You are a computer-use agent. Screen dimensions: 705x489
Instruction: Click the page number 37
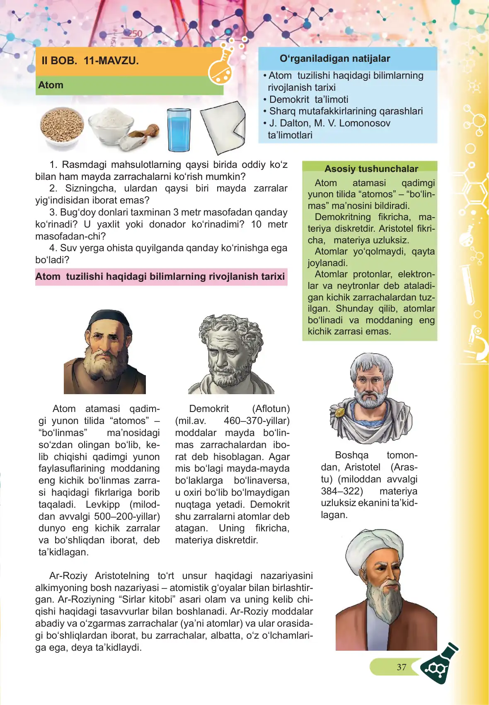(401, 667)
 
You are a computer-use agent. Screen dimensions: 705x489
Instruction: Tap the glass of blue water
(179, 130)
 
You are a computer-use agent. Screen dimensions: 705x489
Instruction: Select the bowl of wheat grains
(62, 126)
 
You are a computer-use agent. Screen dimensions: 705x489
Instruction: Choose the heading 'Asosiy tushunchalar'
(371, 169)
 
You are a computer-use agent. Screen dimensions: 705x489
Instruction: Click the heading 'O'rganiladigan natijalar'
(335, 58)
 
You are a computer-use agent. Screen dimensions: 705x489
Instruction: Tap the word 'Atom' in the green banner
(51, 85)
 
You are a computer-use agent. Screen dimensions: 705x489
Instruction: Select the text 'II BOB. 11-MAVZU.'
(90, 61)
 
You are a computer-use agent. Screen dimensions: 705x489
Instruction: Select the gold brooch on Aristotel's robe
(340, 412)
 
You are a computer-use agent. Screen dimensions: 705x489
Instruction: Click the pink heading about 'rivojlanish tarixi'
(160, 276)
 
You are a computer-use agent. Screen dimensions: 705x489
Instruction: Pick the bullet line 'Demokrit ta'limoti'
(308, 99)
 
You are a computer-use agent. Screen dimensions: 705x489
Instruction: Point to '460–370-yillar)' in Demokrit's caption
(257, 421)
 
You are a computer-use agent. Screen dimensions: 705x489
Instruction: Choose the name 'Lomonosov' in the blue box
(366, 123)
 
